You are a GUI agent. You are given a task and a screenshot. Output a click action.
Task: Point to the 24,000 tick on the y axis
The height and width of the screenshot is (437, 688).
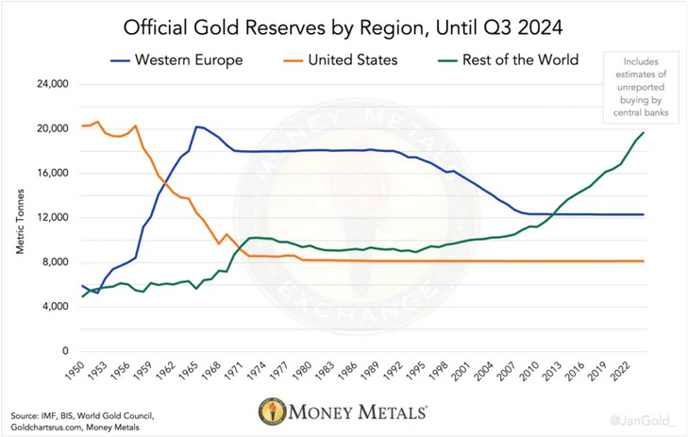pyautogui.click(x=52, y=84)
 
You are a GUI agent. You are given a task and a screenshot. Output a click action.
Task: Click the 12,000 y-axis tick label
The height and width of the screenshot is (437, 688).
pyautogui.click(x=52, y=218)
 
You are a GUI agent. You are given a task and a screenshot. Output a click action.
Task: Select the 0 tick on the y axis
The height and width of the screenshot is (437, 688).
pyautogui.click(x=65, y=352)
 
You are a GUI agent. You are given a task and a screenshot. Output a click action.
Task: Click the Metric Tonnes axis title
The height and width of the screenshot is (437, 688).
pyautogui.click(x=19, y=218)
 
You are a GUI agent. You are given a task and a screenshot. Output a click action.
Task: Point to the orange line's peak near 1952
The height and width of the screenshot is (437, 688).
pyautogui.click(x=97, y=121)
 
